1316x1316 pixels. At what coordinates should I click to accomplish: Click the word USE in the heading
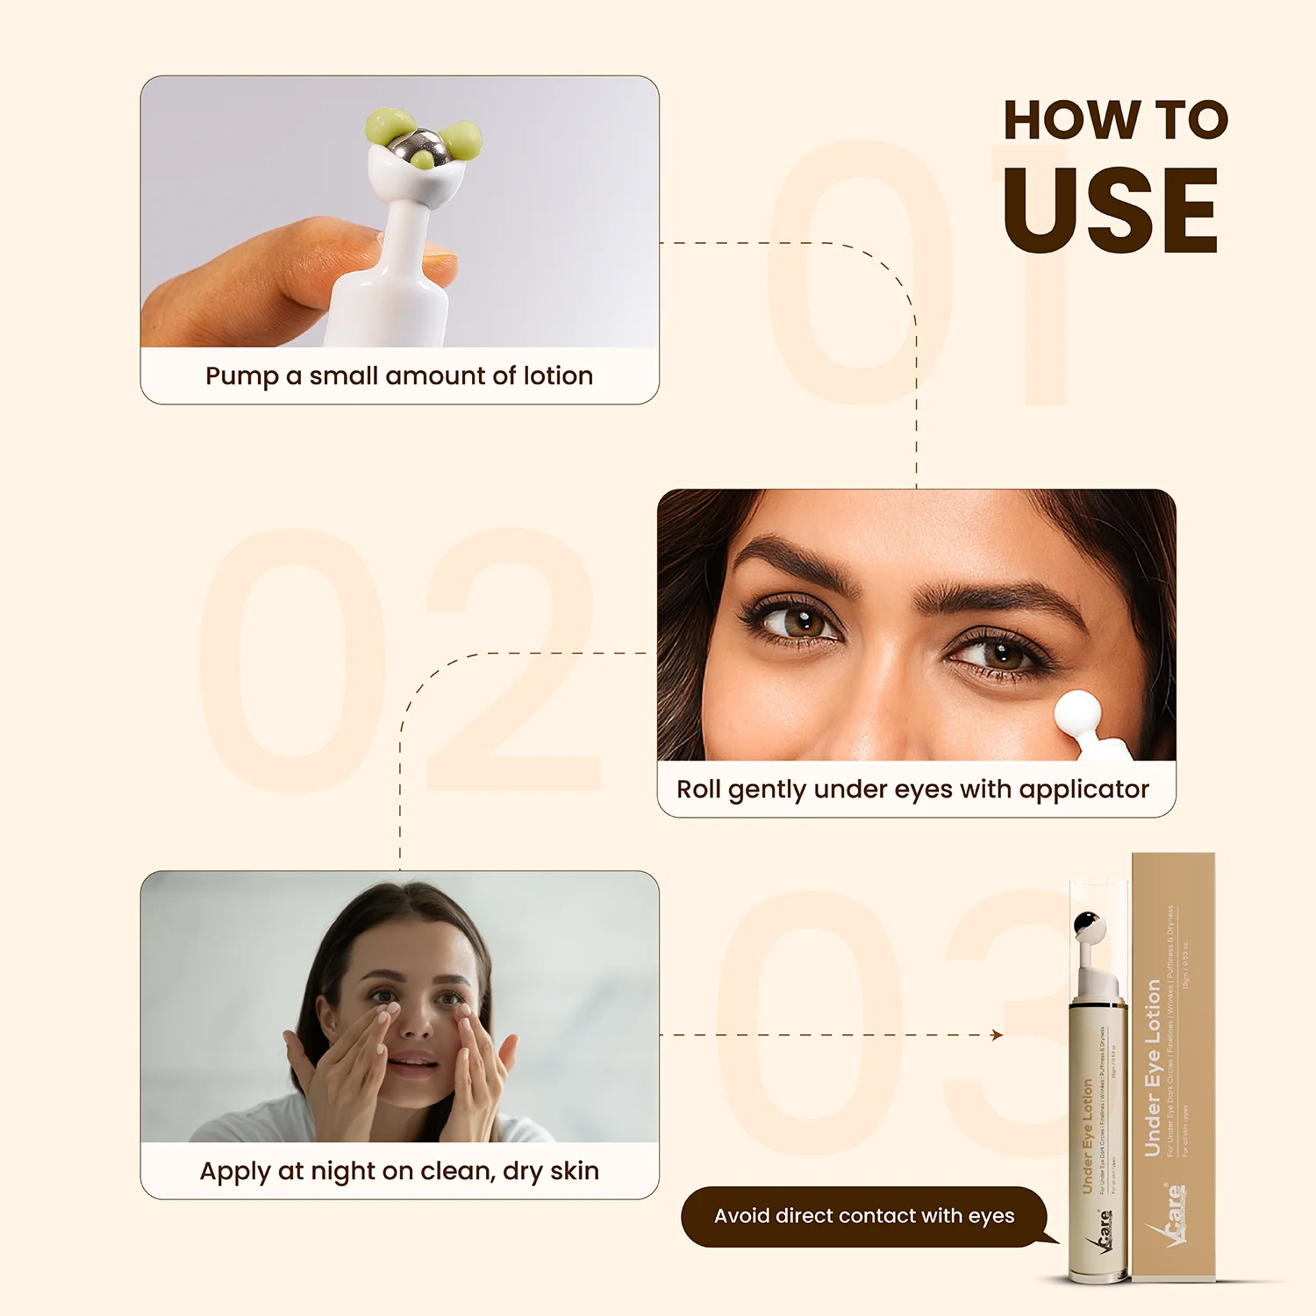click(1111, 211)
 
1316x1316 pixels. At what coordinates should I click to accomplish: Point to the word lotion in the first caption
click(558, 375)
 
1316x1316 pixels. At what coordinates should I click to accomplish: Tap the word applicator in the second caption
click(1084, 790)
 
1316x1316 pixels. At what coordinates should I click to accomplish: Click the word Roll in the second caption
click(698, 789)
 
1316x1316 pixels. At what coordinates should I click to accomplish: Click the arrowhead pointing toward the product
click(997, 1035)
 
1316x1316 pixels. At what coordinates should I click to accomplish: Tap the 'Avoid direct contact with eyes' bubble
click(864, 1216)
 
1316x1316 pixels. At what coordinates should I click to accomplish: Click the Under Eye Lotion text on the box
click(1153, 1068)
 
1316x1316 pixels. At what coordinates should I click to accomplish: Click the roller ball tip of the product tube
click(1088, 925)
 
